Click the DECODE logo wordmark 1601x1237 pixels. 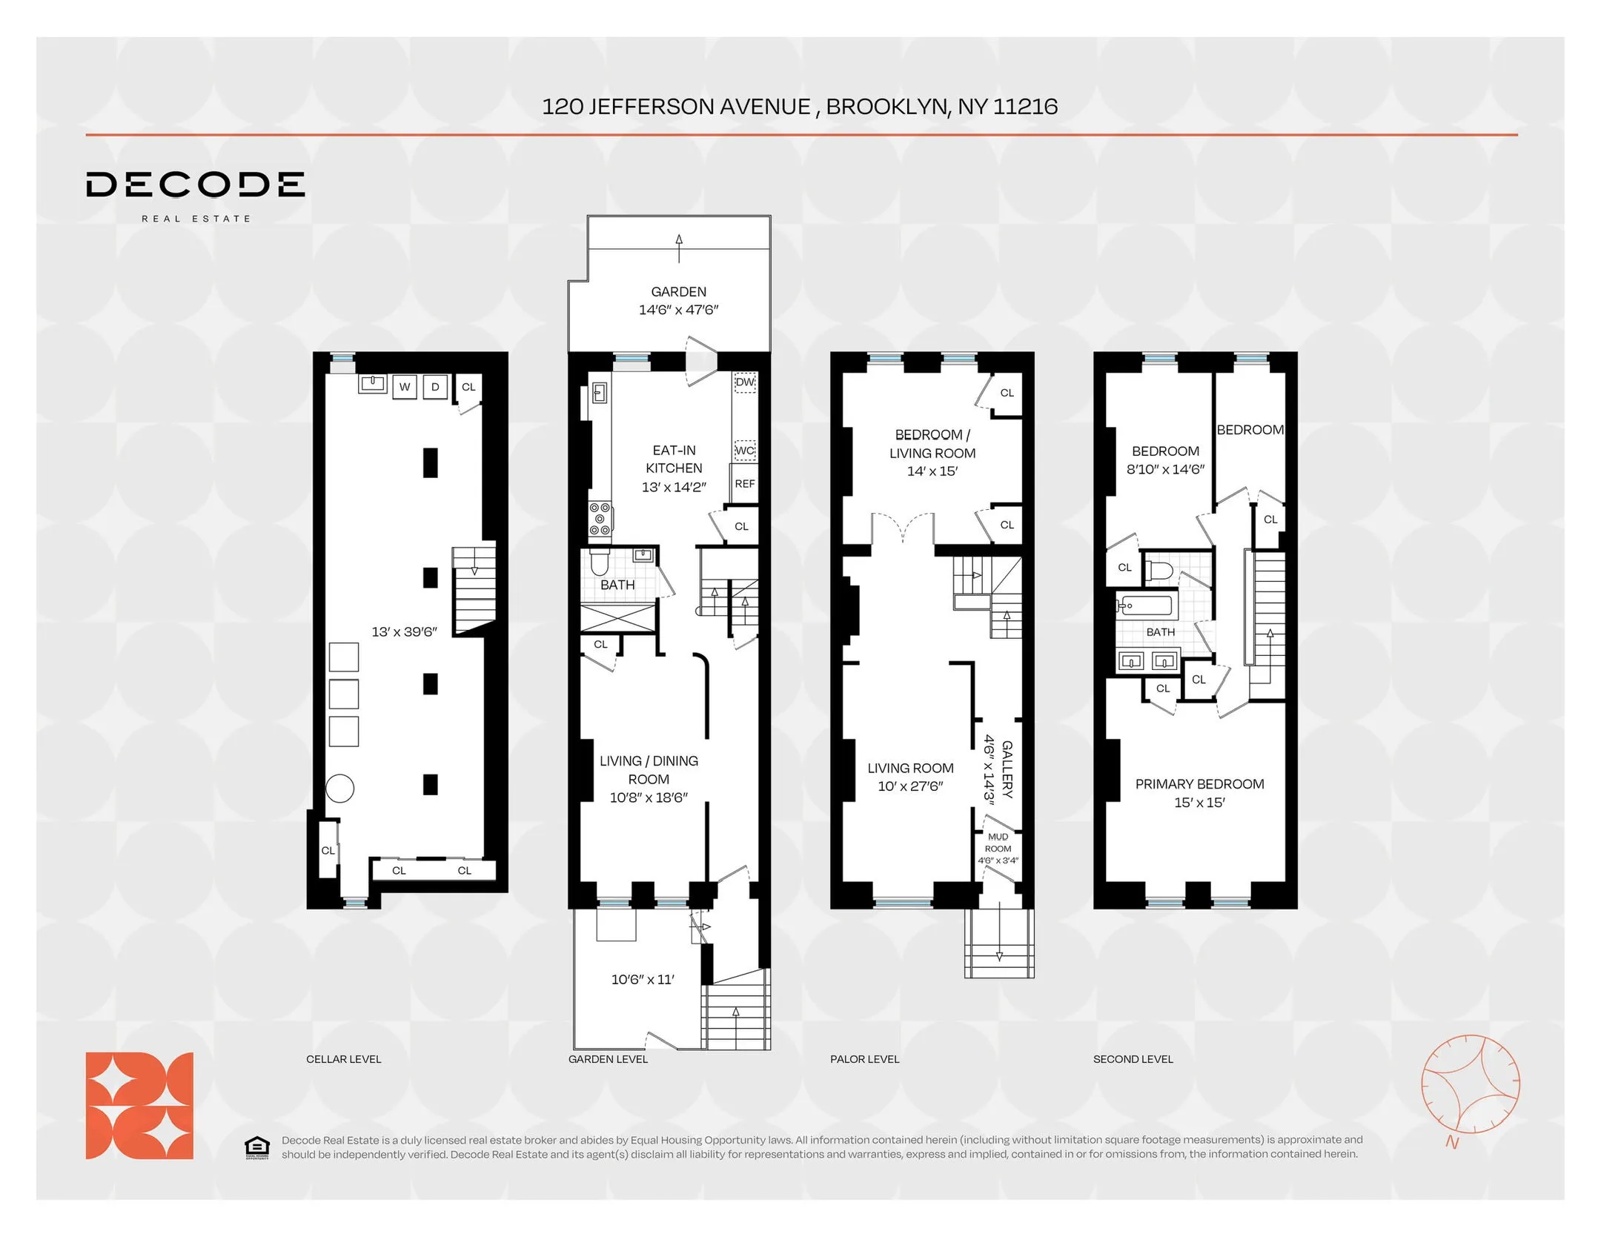click(195, 185)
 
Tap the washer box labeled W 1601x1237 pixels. click(404, 387)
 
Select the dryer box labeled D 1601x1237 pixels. click(435, 387)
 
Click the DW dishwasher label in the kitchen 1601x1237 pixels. click(744, 382)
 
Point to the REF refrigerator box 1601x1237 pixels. click(744, 484)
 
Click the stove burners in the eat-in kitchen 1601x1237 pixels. click(600, 519)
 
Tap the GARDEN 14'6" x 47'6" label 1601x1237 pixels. click(678, 301)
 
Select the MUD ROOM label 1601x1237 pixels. click(998, 843)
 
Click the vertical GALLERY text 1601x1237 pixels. click(1007, 769)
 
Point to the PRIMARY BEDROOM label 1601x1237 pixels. click(1199, 784)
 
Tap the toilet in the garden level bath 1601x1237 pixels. click(599, 564)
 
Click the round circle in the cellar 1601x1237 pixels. click(340, 788)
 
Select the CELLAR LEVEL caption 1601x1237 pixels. click(343, 1059)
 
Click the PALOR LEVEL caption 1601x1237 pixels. click(864, 1059)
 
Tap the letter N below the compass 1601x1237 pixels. click(1451, 1143)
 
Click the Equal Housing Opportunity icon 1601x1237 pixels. click(256, 1147)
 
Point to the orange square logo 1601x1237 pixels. click(139, 1105)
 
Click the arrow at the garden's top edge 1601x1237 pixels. click(679, 248)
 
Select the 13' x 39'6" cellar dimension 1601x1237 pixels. click(404, 632)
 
